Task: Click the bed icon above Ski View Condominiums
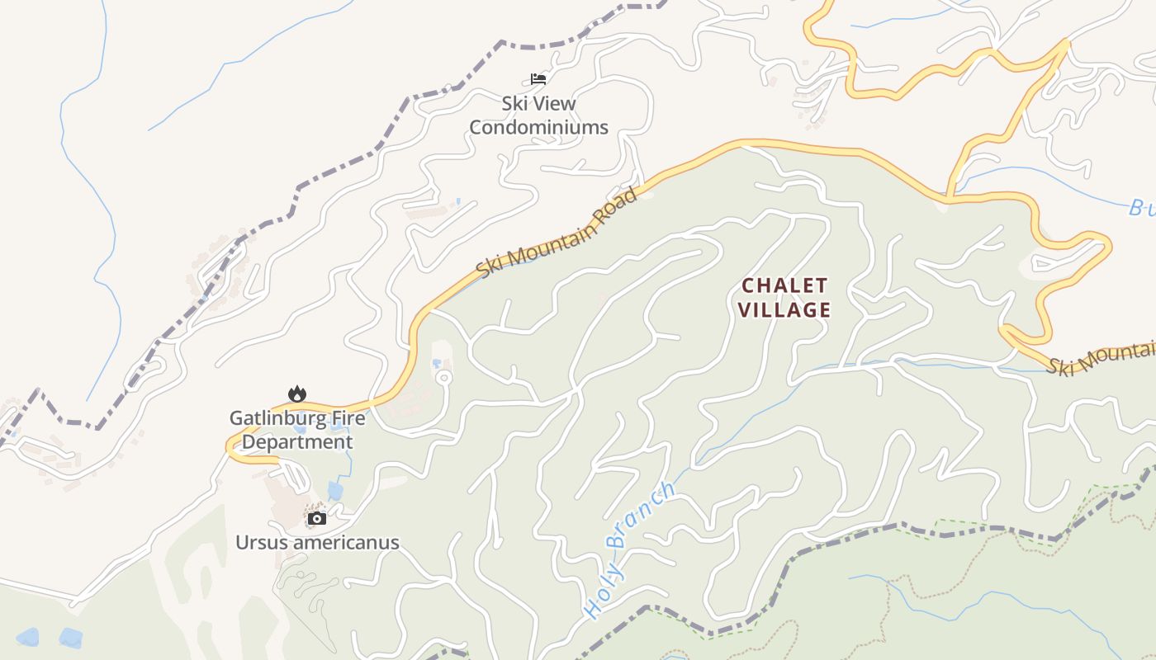coord(538,79)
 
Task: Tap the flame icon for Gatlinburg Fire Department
coord(297,394)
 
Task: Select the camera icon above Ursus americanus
coord(317,518)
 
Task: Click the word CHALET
coord(784,285)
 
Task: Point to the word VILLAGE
coord(784,310)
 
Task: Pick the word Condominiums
coord(538,127)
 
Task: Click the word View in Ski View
coord(555,104)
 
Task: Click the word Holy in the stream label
coord(601,596)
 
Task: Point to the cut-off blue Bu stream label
coord(1141,207)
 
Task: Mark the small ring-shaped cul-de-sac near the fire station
coord(443,378)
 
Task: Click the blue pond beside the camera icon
coord(335,491)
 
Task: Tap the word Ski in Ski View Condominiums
coord(515,104)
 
